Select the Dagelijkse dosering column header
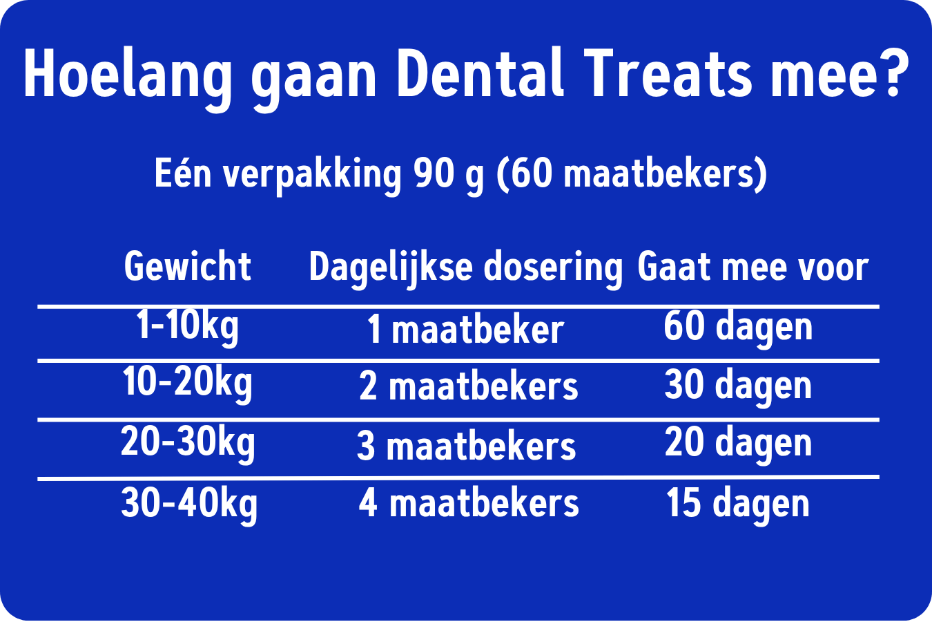[465, 268]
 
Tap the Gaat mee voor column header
[753, 267]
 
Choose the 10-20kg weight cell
[187, 386]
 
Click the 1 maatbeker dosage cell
[465, 329]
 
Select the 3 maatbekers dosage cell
[466, 446]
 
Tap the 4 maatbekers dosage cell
[469, 503]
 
